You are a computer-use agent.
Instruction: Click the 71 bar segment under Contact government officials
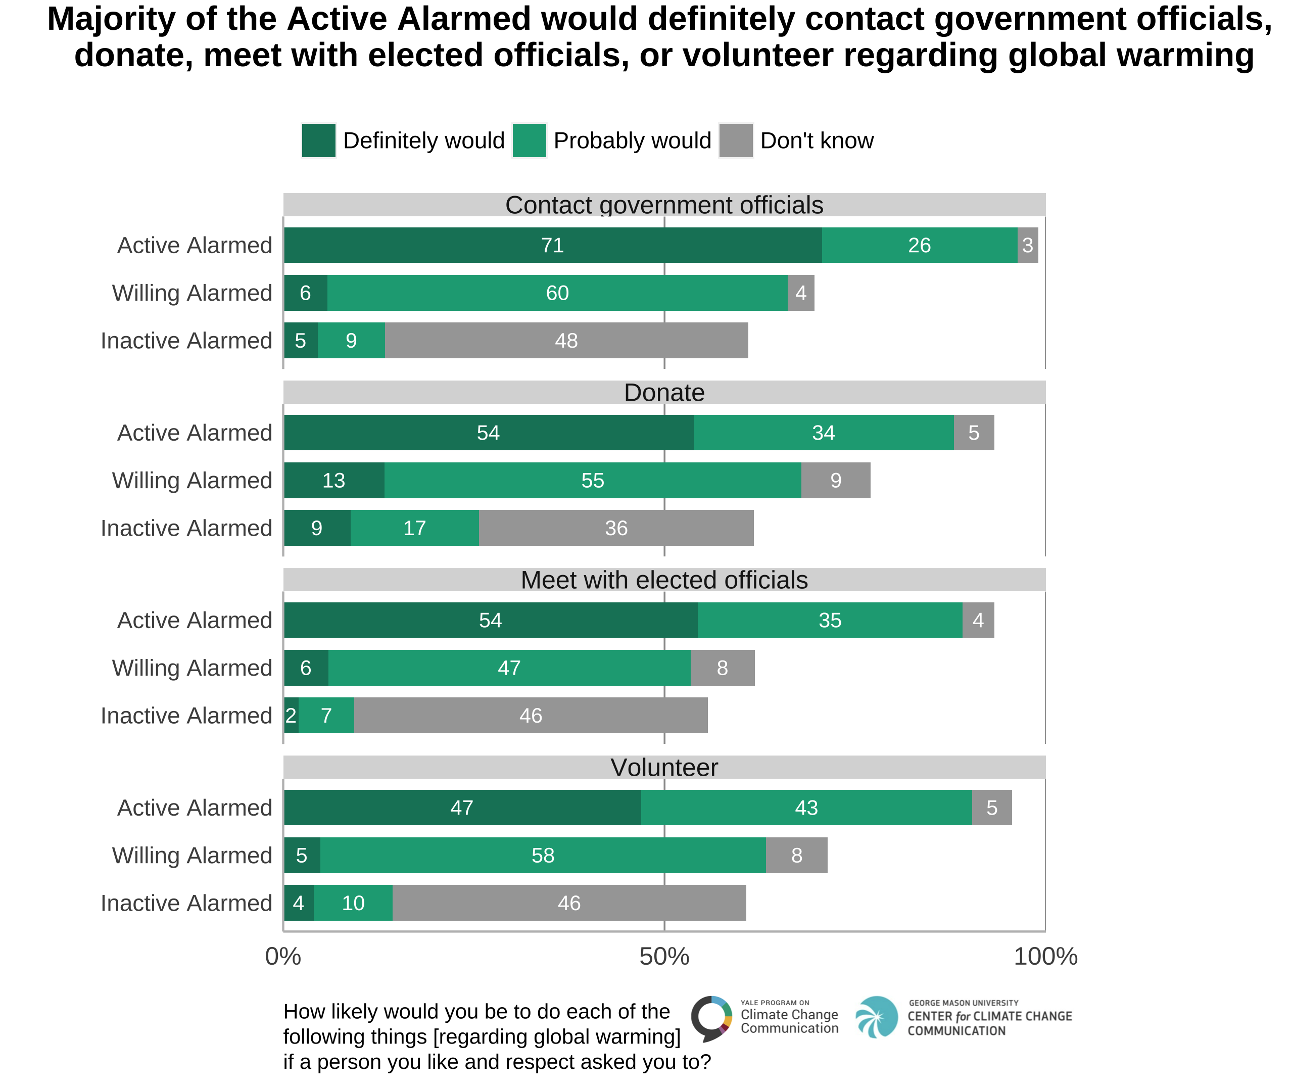point(552,246)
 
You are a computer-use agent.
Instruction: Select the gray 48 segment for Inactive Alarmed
point(566,341)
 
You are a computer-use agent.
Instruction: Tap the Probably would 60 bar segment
point(557,293)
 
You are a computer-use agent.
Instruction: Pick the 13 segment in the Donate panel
point(333,481)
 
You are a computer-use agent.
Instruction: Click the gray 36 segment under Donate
point(615,528)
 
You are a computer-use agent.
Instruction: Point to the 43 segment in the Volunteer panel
point(806,808)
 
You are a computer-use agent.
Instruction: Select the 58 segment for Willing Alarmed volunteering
point(543,856)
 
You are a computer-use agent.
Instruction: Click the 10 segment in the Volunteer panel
point(353,903)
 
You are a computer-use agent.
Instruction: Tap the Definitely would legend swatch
point(318,140)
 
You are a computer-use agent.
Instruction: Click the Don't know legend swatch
point(736,140)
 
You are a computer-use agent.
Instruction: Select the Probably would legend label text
point(632,140)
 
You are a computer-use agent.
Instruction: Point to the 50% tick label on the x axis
point(664,957)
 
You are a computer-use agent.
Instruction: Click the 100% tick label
point(1045,957)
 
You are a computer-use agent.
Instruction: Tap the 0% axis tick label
point(283,957)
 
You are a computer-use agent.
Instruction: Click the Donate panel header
point(664,393)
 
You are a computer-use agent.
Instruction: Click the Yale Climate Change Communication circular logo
point(711,1018)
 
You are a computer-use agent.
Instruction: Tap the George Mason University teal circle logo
point(876,1017)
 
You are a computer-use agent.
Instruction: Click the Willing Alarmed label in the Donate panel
point(192,481)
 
